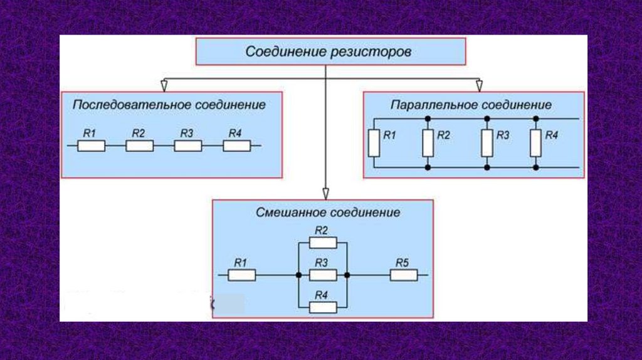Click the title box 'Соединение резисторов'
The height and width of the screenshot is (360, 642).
tap(331, 51)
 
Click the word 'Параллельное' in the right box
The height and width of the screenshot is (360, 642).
tap(434, 105)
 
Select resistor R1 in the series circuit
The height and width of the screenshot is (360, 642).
tap(92, 146)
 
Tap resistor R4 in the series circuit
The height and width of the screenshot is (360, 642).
tap(236, 146)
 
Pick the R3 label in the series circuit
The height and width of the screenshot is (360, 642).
tap(187, 133)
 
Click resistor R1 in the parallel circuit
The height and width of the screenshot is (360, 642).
tap(374, 143)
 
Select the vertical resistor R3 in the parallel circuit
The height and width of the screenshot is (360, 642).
tap(487, 143)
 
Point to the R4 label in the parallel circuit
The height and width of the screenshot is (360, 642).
tap(552, 135)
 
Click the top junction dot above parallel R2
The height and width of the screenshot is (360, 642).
tap(428, 119)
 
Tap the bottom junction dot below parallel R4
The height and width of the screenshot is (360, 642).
tap(536, 167)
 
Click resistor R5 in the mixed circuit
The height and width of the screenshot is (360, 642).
tap(404, 275)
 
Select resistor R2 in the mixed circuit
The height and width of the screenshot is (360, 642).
tap(323, 243)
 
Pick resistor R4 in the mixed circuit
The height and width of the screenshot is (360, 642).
tap(323, 307)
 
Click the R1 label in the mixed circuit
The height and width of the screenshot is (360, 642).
tap(240, 263)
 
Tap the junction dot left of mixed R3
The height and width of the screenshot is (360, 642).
tap(299, 275)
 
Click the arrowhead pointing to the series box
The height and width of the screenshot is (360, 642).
tap(164, 85)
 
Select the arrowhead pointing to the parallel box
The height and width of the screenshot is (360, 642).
tap(479, 85)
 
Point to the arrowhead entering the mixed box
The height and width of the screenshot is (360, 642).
tap(325, 194)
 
